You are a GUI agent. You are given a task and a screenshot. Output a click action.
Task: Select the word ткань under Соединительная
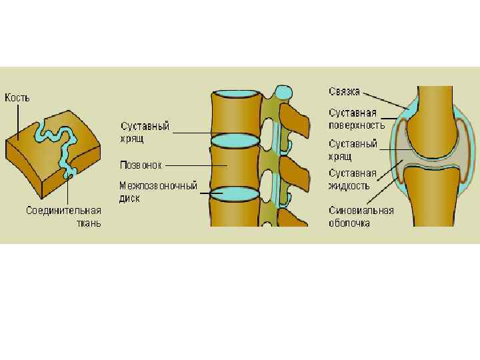[x=88, y=223]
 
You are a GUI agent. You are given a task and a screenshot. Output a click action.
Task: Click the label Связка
[x=345, y=91]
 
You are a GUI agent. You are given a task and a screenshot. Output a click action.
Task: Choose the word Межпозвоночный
[x=158, y=186]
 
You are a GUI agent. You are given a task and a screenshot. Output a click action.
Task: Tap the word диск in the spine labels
[x=130, y=198]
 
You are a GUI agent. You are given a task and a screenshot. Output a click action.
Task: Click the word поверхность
[x=357, y=125]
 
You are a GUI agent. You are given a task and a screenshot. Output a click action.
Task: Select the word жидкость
[x=349, y=186]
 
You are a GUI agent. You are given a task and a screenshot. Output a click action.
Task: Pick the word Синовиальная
[x=361, y=211]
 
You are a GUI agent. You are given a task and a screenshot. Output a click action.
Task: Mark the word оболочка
[x=349, y=223]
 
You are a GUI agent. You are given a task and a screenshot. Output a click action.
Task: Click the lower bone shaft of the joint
[x=433, y=203]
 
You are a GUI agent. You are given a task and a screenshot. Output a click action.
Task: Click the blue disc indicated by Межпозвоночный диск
[x=234, y=193]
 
